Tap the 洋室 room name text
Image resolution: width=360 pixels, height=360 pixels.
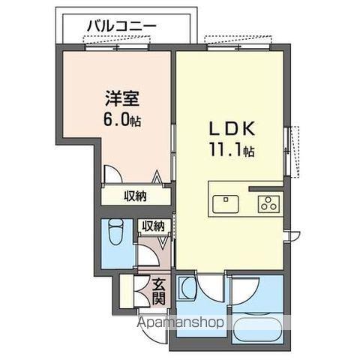click(x=121, y=97)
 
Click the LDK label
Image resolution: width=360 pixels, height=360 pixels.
click(x=231, y=128)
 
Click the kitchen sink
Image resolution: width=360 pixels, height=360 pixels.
click(x=226, y=203)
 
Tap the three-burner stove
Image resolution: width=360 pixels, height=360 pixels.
click(x=268, y=202)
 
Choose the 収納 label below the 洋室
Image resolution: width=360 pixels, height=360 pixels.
click(x=135, y=196)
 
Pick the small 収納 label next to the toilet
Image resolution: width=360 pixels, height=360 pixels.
click(x=153, y=226)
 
